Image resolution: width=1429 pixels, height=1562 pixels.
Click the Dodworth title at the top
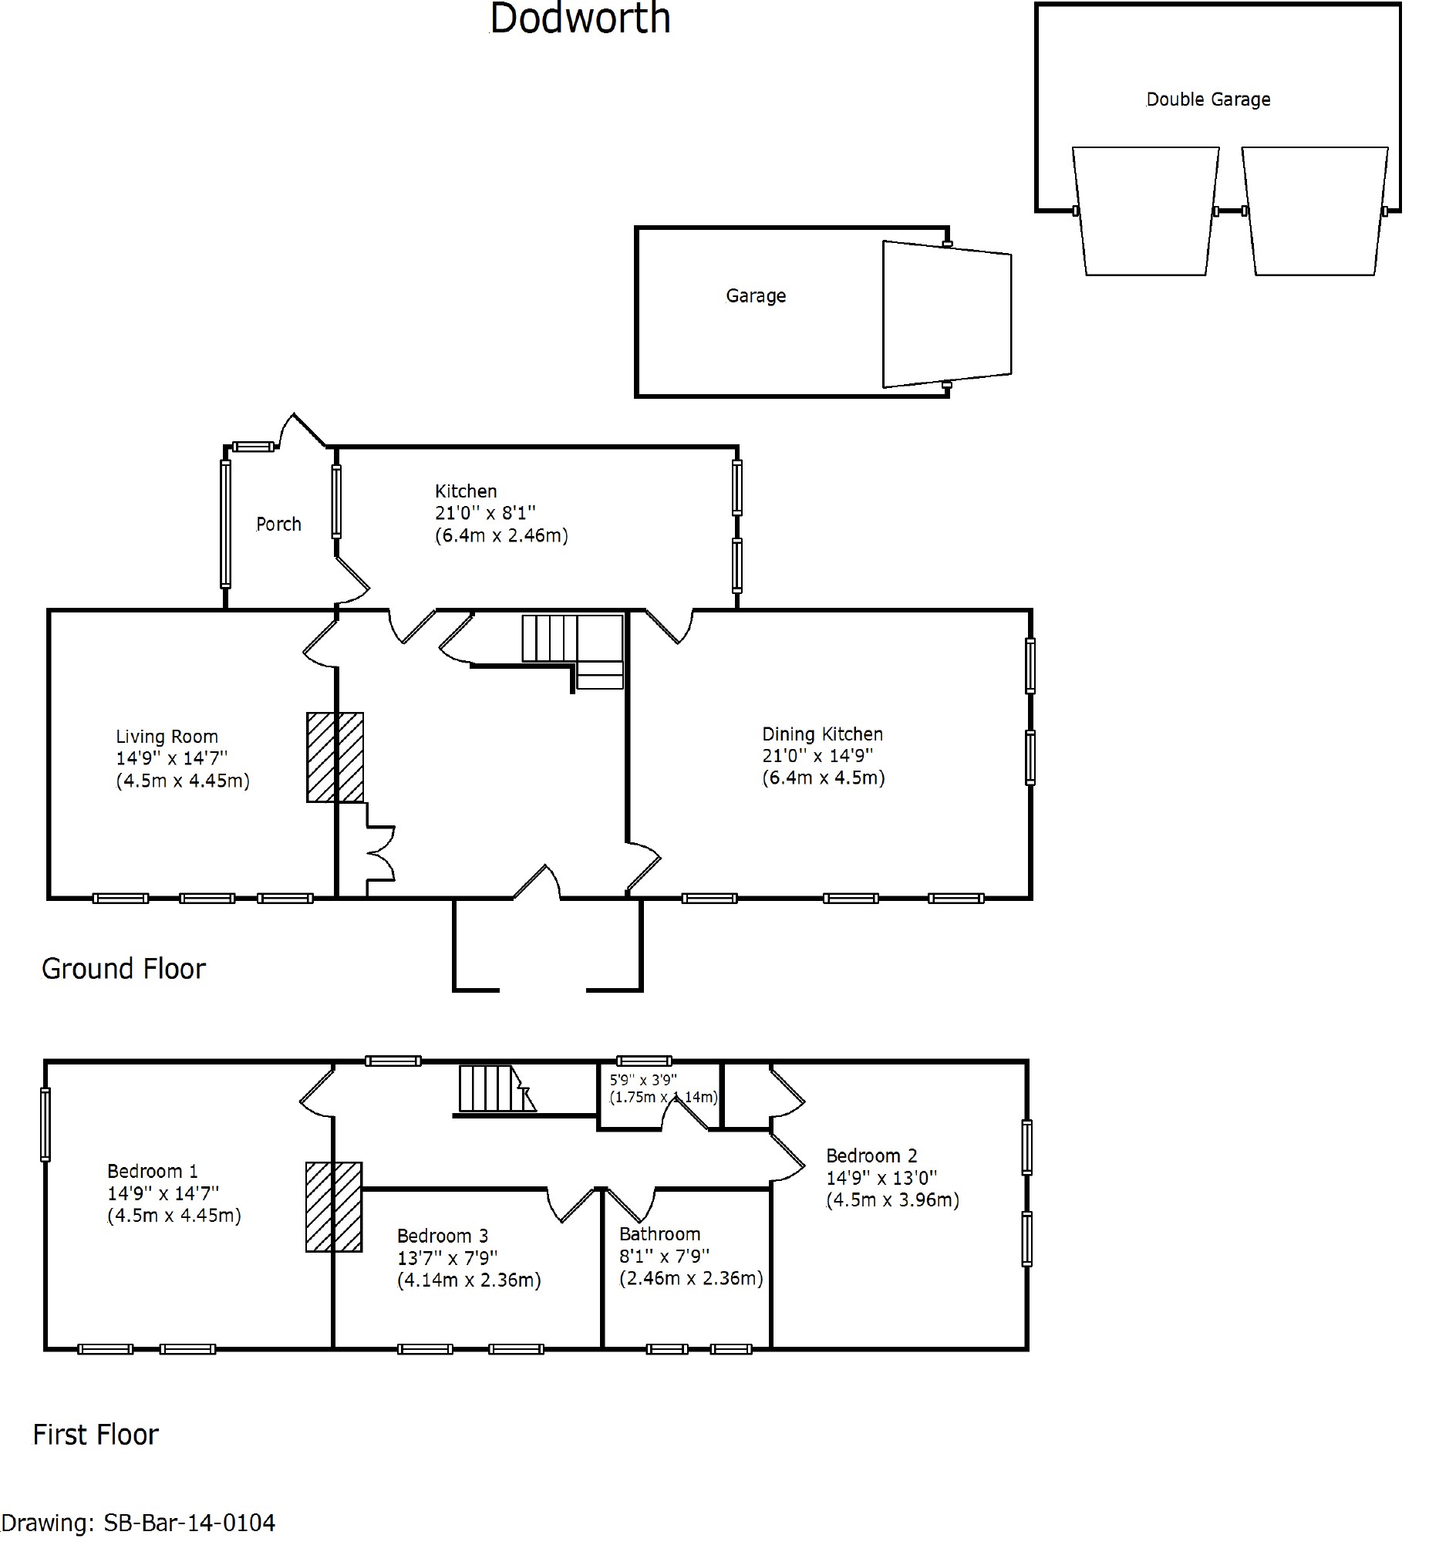coord(580,19)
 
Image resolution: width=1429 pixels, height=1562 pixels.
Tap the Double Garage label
coord(1208,100)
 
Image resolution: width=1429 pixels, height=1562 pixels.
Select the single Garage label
coord(756,296)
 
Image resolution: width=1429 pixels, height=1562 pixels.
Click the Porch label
coord(279,525)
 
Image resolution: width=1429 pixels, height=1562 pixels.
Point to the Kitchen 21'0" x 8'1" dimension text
coord(485,513)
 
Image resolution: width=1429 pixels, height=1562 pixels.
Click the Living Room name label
coord(167,737)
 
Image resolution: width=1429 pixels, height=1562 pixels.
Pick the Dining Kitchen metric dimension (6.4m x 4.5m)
coord(824,778)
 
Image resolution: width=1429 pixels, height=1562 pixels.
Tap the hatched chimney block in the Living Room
coord(335,757)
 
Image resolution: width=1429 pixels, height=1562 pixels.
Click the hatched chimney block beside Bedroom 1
coord(334,1207)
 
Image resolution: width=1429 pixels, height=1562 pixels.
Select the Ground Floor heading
coord(124,970)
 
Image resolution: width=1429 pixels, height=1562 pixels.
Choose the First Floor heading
coord(96,1435)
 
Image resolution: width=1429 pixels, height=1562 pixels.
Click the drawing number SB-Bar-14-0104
coord(190,1523)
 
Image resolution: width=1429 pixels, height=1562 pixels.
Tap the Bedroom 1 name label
coord(153,1172)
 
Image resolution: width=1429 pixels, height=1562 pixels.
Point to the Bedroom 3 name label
coord(443,1236)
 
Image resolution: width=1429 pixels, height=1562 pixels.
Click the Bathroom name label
coord(660,1234)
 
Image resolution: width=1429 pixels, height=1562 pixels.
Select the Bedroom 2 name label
coord(872,1156)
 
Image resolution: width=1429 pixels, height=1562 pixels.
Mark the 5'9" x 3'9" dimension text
coord(644,1080)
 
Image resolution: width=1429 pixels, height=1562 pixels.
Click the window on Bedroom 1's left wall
coord(45,1124)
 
